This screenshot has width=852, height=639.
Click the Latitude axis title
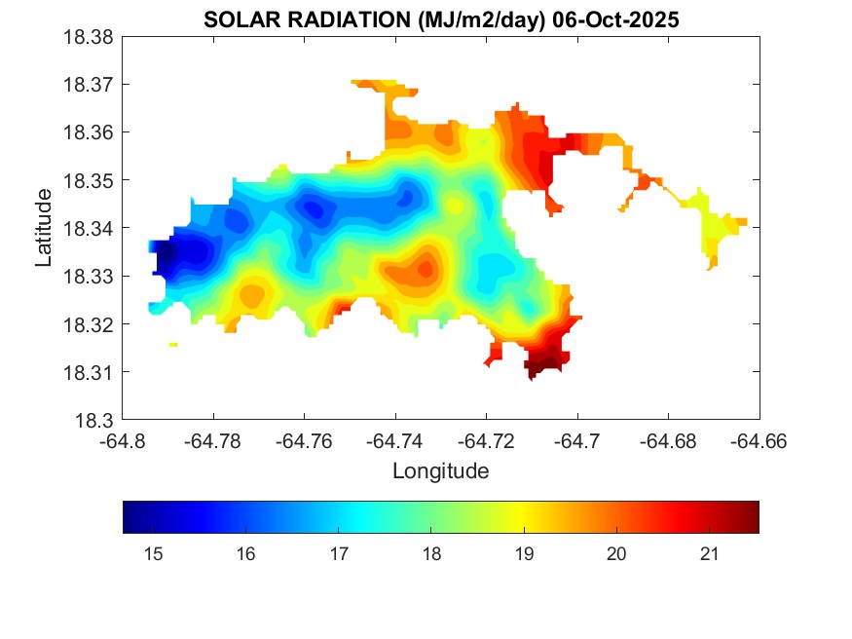pos(44,228)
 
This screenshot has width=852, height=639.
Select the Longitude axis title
pos(440,471)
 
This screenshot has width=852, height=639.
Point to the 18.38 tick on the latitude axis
pos(93,37)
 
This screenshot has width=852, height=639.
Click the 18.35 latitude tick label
pos(93,180)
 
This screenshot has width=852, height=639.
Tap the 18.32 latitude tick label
pos(93,324)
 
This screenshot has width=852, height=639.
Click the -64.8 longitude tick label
pos(123,440)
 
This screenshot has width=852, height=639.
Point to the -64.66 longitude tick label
pos(759,440)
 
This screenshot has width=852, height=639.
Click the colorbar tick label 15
pos(152,554)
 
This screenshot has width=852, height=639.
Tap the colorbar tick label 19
pos(524,554)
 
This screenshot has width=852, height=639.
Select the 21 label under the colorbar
pos(709,554)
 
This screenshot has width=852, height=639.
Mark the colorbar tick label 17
pos(338,554)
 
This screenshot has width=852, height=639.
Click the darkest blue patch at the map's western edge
pos(167,256)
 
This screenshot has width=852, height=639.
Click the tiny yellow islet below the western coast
pos(173,344)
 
